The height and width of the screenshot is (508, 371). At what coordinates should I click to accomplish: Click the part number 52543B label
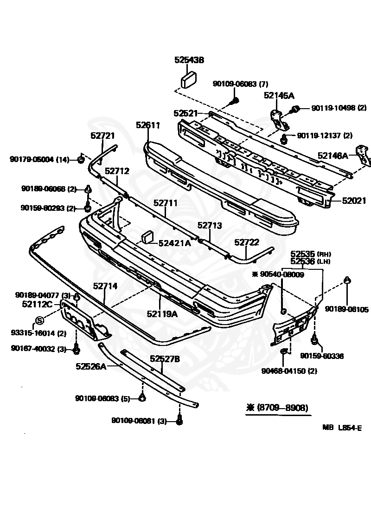189,60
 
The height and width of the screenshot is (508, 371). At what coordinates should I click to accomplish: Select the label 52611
148,125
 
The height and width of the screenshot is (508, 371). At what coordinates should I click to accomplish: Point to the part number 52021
354,201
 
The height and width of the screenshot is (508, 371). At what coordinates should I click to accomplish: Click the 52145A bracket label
279,96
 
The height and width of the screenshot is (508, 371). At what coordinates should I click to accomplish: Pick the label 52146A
333,156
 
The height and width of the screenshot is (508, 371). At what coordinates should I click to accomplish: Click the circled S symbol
39,320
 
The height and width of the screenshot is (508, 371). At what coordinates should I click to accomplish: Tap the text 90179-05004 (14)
39,160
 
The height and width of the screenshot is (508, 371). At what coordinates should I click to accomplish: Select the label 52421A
174,242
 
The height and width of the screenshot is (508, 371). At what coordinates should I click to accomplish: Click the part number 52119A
162,313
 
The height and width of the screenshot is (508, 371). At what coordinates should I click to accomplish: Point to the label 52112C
37,305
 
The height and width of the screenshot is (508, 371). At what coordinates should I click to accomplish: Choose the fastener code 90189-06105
346,309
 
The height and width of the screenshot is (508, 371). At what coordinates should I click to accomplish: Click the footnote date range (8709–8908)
277,408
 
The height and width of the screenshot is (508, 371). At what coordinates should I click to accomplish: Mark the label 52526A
91,366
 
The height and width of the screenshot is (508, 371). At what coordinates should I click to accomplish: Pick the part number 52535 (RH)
309,254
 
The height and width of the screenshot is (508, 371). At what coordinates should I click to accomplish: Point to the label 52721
102,135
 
